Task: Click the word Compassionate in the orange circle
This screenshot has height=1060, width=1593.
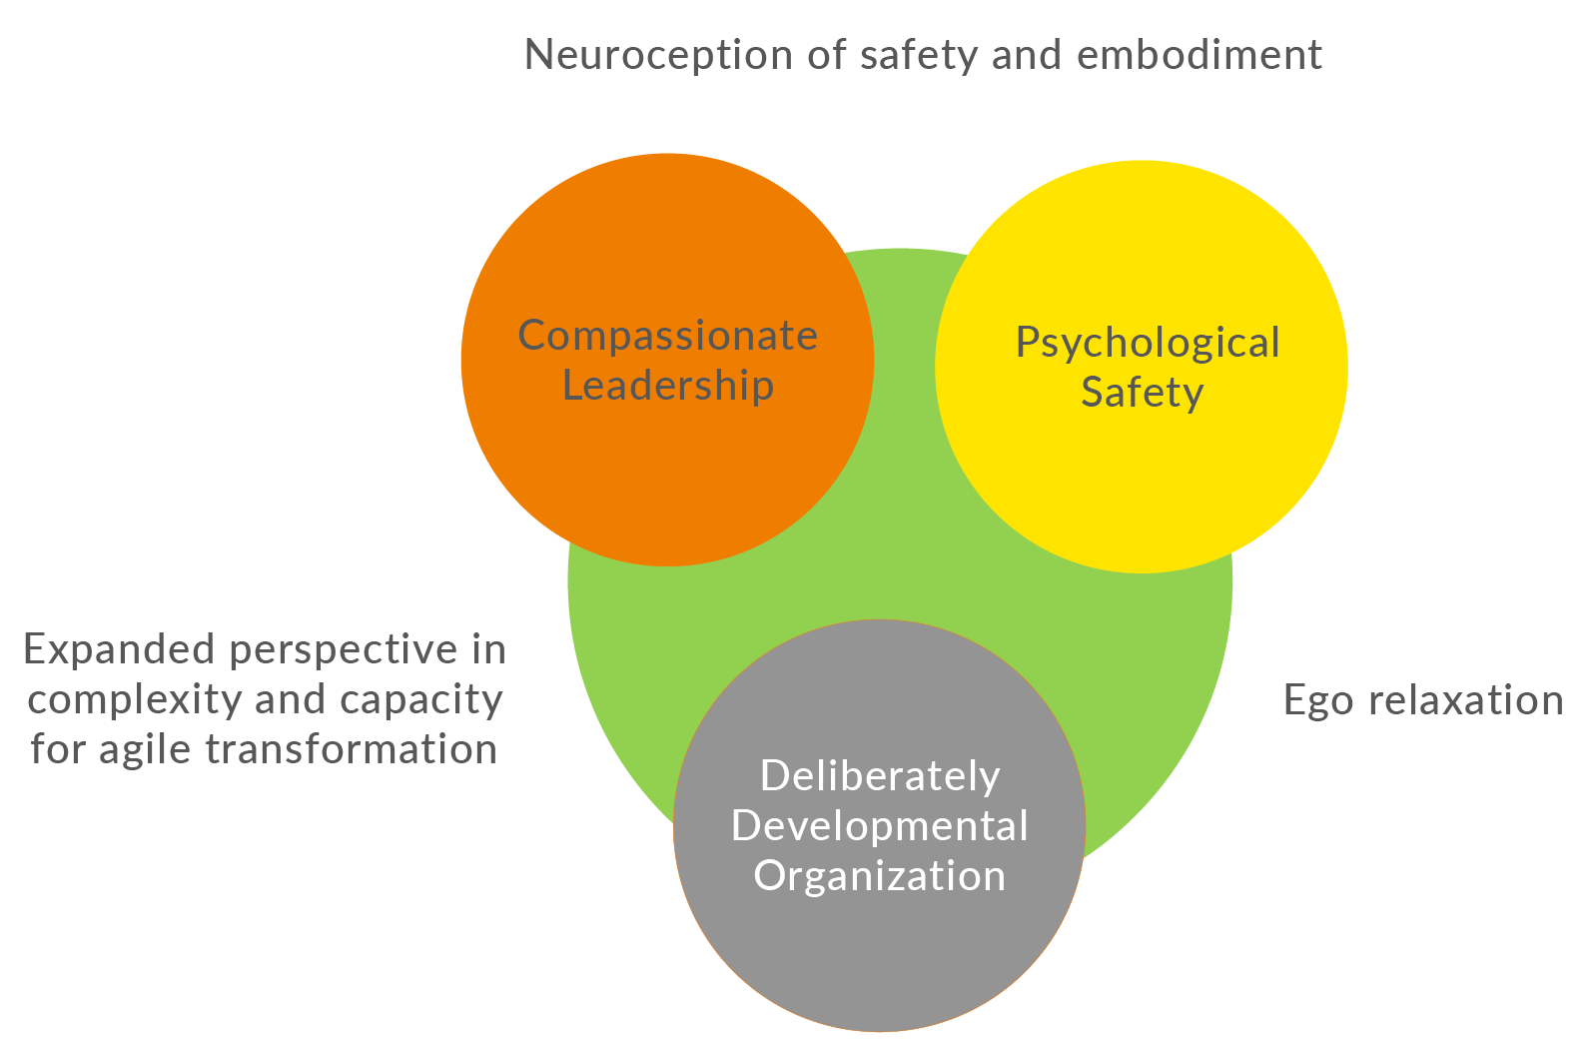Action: (x=667, y=336)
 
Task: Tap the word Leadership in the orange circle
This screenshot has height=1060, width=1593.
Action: (x=667, y=386)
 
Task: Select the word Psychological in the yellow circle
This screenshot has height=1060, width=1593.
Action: (x=1147, y=344)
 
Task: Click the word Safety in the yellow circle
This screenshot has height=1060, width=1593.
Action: (x=1142, y=393)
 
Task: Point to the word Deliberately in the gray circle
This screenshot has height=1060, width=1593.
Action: (x=879, y=776)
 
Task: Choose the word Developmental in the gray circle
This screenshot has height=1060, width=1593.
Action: (x=879, y=826)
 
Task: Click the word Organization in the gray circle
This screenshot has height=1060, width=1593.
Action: (x=879, y=876)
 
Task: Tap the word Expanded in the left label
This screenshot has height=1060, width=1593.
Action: (x=120, y=650)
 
